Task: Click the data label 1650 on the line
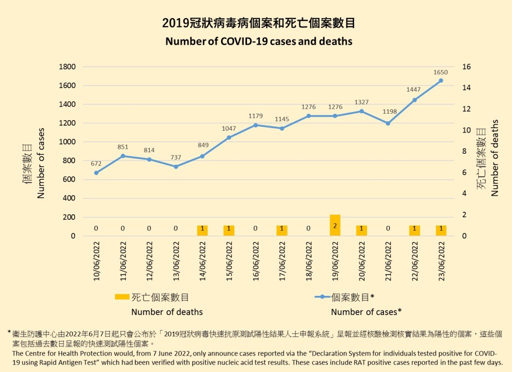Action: click(441, 73)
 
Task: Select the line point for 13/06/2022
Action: click(175, 167)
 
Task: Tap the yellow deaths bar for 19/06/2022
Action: click(335, 225)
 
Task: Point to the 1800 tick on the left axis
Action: click(68, 67)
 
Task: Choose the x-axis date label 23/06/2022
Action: click(441, 261)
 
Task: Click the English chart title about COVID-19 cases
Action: click(258, 42)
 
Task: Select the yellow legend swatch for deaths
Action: click(121, 297)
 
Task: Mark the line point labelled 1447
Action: click(414, 100)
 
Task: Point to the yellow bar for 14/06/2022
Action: click(202, 230)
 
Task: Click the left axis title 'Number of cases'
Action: click(41, 163)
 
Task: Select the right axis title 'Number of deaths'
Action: click(495, 157)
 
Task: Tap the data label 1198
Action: click(388, 111)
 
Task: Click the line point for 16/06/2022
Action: click(255, 125)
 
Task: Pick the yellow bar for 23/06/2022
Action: click(441, 230)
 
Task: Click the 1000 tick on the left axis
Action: click(68, 142)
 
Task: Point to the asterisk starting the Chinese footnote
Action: click(9, 332)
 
